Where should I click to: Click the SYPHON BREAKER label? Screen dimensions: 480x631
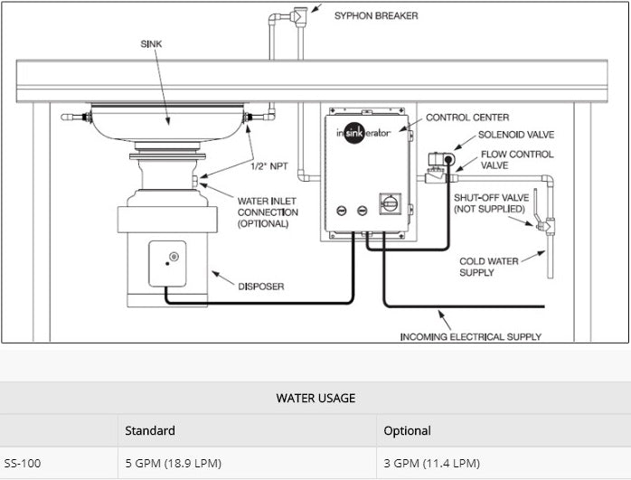pyautogui.click(x=376, y=15)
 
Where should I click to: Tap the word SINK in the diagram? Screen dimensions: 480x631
pyautogui.click(x=153, y=42)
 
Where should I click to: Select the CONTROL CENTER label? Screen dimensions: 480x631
pyautogui.click(x=466, y=118)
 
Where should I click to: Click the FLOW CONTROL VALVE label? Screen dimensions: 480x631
pyautogui.click(x=516, y=160)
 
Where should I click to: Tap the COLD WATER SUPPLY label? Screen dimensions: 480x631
pyautogui.click(x=489, y=267)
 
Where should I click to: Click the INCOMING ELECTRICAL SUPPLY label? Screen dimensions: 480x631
pyautogui.click(x=471, y=336)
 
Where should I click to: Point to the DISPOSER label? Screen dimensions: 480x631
pyautogui.click(x=261, y=287)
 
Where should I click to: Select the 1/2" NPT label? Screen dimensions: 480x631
pyautogui.click(x=269, y=165)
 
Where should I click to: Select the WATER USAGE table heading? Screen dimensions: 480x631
pyautogui.click(x=315, y=398)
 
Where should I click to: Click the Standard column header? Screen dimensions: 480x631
pyautogui.click(x=150, y=430)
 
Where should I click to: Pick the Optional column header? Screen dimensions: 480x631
pyautogui.click(x=407, y=430)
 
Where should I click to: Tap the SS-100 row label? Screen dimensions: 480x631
pyautogui.click(x=23, y=464)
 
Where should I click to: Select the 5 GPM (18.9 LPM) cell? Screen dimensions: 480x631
pyautogui.click(x=173, y=464)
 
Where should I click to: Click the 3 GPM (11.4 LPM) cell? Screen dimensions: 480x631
pyautogui.click(x=431, y=464)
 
